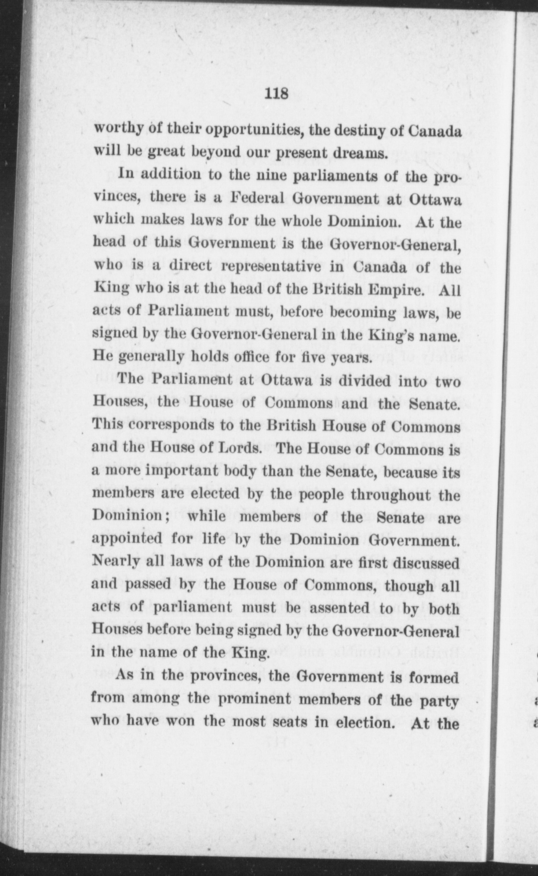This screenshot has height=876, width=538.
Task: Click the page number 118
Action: (x=276, y=94)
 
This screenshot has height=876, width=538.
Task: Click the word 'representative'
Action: (x=271, y=266)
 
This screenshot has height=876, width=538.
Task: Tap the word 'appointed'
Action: (x=127, y=539)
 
